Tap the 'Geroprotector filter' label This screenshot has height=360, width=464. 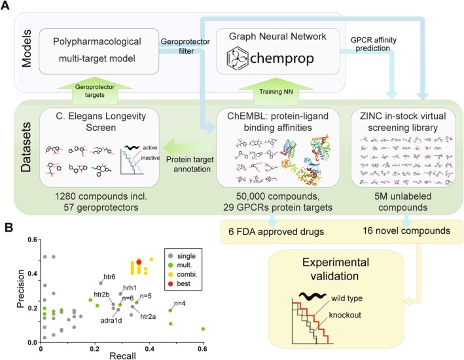[180, 46]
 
